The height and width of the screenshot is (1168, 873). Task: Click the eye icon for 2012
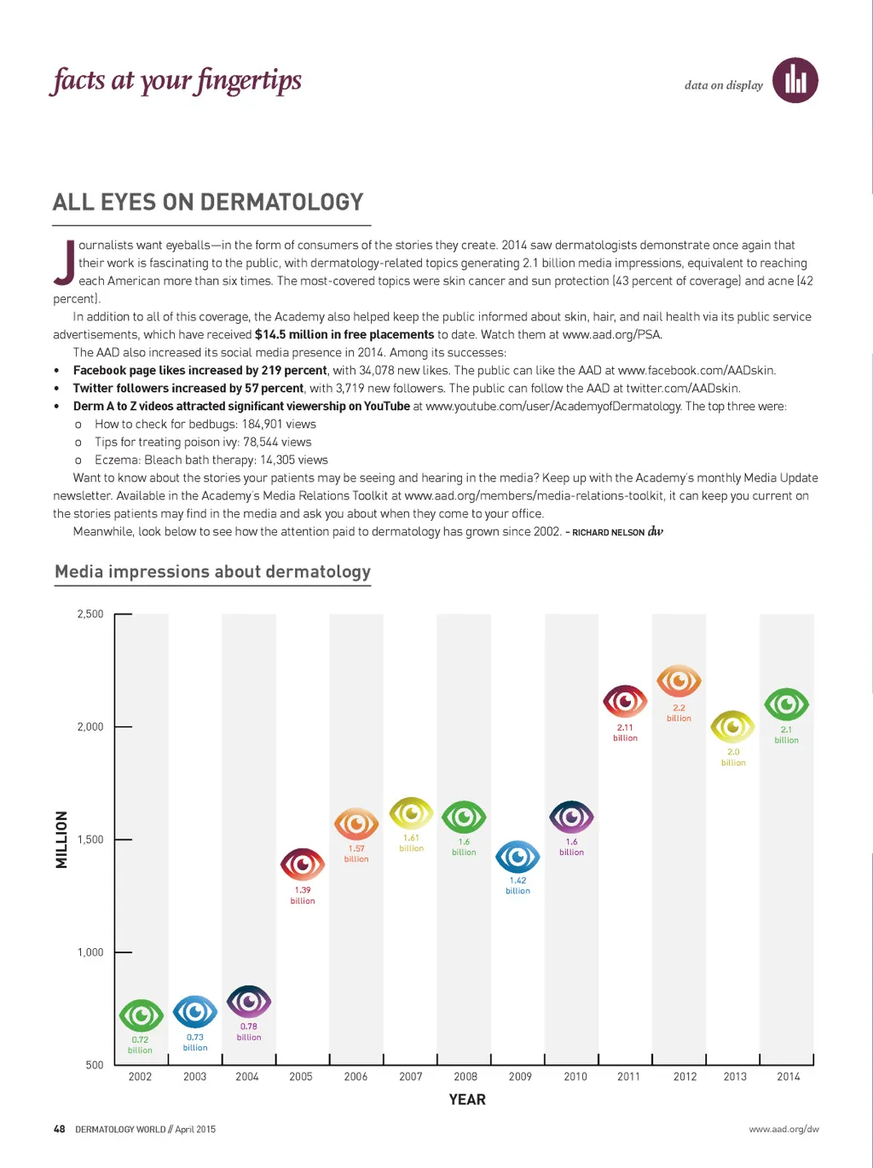point(679,681)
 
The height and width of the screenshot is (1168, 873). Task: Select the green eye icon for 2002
point(141,1015)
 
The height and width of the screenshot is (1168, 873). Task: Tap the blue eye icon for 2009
point(517,857)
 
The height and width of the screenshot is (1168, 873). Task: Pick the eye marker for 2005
point(303,865)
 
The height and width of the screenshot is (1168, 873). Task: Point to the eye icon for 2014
point(786,705)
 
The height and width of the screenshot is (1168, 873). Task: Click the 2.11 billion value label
point(625,732)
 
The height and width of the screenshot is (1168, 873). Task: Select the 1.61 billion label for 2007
point(411,842)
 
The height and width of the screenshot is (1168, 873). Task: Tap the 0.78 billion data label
point(249,1032)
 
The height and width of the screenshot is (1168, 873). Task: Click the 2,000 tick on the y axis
point(90,726)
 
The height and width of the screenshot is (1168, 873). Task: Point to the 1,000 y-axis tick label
point(90,952)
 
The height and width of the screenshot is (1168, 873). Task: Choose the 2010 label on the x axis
point(575,1077)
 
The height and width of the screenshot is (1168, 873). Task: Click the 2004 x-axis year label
point(247,1077)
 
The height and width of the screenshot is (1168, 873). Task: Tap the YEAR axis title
point(467,1100)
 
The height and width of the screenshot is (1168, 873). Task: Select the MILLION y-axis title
point(61,840)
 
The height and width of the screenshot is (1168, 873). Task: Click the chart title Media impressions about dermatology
point(212,572)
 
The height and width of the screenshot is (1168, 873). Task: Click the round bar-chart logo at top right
point(795,81)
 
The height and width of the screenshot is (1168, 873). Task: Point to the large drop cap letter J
point(64,263)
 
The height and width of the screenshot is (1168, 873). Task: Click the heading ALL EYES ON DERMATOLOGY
point(208,202)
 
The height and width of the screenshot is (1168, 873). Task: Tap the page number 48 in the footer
point(60,1129)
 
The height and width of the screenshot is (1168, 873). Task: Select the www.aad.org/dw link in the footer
point(783,1129)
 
